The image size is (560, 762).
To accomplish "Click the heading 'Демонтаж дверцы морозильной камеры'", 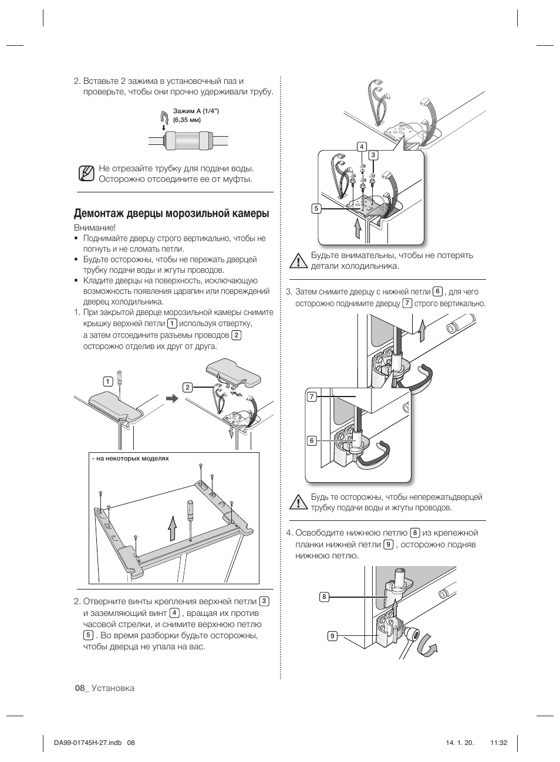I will (171, 214).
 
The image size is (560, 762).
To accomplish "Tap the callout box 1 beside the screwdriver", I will (107, 382).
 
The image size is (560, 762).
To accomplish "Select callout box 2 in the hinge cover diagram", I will (187, 387).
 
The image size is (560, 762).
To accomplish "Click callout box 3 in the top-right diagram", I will (373, 155).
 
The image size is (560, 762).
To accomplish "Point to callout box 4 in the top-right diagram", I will (362, 147).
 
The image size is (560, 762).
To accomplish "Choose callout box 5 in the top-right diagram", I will (316, 208).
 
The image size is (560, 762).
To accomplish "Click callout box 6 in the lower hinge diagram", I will (312, 441).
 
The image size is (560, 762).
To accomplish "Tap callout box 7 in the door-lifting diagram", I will (312, 397).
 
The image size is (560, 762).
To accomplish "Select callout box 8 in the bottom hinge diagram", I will (324, 597).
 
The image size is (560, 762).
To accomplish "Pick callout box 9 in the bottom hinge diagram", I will (332, 636).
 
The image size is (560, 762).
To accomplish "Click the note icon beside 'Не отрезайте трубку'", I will (86, 174).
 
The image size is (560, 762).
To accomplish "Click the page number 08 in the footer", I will (80, 688).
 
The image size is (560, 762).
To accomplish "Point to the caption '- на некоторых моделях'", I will (130, 459).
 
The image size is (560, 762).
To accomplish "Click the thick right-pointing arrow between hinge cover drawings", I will (171, 399).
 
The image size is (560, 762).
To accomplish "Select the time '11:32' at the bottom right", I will (498, 743).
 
